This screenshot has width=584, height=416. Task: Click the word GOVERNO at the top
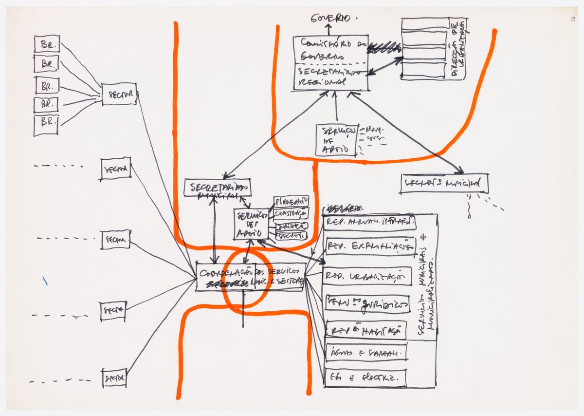coord(331,19)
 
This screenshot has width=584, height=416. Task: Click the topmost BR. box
coord(47,44)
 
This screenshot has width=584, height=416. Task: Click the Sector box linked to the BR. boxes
coord(119,94)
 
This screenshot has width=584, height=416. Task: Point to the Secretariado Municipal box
coord(218,188)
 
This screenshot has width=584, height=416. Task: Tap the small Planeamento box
coord(291,201)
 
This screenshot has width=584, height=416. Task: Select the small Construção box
coord(291,213)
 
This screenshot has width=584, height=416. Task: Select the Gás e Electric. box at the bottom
coord(365,378)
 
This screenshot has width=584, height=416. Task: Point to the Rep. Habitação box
coord(366,330)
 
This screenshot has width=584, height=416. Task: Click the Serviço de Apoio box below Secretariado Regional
coord(336,140)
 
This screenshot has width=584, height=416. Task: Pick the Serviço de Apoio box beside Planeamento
coord(251,225)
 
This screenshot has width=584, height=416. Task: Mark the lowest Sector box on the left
coord(114,378)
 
